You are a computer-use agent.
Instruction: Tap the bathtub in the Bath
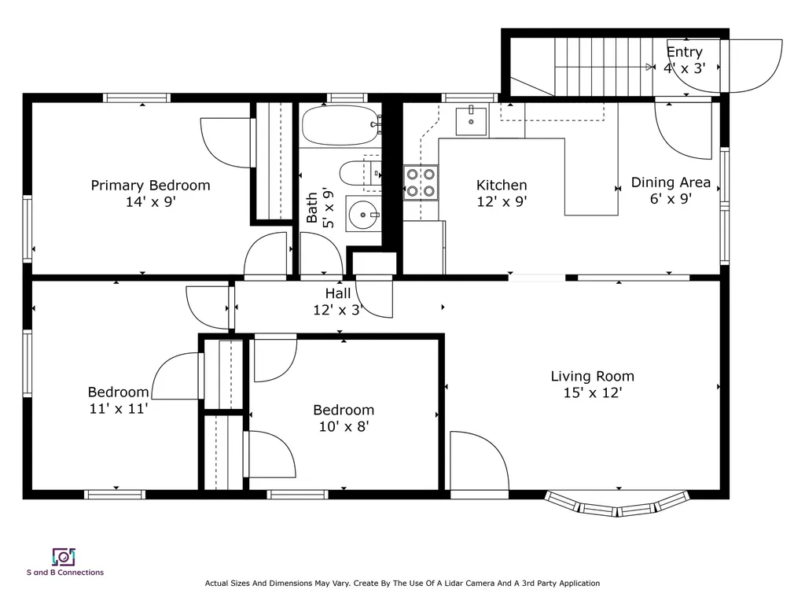click(340, 126)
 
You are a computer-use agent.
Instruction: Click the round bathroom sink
click(362, 212)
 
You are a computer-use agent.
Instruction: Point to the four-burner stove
click(421, 182)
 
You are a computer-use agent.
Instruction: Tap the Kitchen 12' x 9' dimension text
click(502, 201)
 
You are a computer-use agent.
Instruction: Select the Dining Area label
click(671, 182)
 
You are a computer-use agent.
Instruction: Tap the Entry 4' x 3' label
click(684, 60)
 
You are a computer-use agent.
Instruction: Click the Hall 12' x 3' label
click(338, 302)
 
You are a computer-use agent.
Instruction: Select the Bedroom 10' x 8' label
click(344, 418)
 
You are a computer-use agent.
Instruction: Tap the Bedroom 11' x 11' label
click(118, 400)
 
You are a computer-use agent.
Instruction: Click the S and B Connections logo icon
click(63, 557)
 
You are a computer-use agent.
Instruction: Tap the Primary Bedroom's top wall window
click(137, 98)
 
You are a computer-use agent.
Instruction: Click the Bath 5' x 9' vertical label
click(321, 209)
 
